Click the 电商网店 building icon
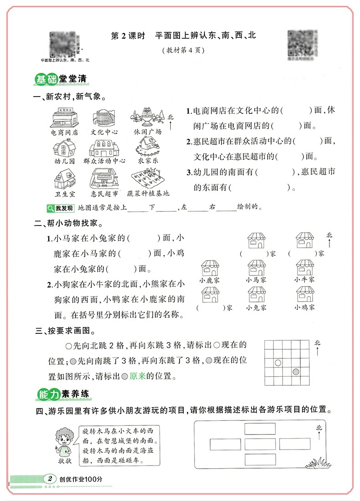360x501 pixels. click(x=65, y=118)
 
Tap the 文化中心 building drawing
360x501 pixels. click(x=103, y=117)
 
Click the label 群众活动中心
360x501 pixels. click(x=104, y=161)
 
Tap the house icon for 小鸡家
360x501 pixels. click(x=304, y=295)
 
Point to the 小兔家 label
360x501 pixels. click(x=256, y=307)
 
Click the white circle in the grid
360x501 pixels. click(x=278, y=363)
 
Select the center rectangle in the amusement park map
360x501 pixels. click(x=260, y=443)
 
